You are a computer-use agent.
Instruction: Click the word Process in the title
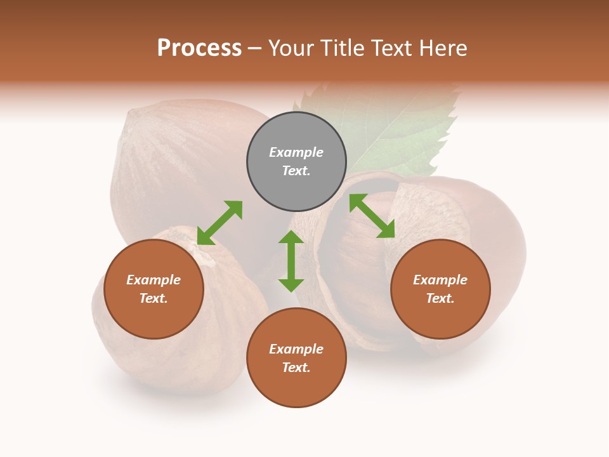(x=199, y=48)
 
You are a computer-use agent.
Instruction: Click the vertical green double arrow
(x=291, y=262)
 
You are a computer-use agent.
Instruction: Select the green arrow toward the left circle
(x=219, y=223)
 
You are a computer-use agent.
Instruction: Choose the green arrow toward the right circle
(x=372, y=216)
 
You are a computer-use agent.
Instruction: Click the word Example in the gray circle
(x=296, y=152)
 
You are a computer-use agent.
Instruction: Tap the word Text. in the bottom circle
(x=296, y=368)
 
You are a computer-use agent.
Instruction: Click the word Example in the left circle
(x=154, y=280)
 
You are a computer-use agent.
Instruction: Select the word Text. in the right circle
(x=440, y=298)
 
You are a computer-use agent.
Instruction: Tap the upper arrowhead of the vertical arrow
(x=291, y=238)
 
